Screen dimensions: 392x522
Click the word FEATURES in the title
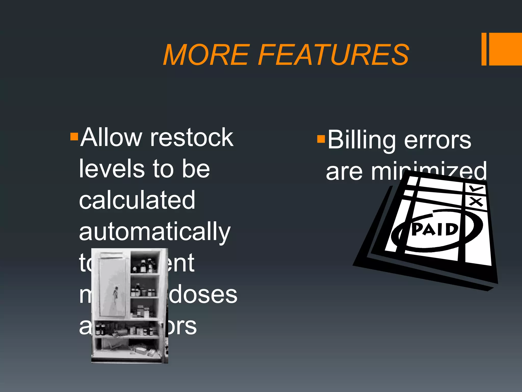(334, 55)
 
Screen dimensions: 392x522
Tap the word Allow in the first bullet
(111, 138)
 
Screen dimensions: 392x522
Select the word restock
(192, 138)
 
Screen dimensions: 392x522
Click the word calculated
(137, 200)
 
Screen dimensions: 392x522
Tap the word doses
(203, 295)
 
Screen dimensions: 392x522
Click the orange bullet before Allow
(74, 137)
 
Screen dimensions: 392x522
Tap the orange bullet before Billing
(321, 139)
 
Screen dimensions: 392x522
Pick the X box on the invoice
(476, 202)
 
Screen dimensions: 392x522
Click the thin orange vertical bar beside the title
(484, 49)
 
